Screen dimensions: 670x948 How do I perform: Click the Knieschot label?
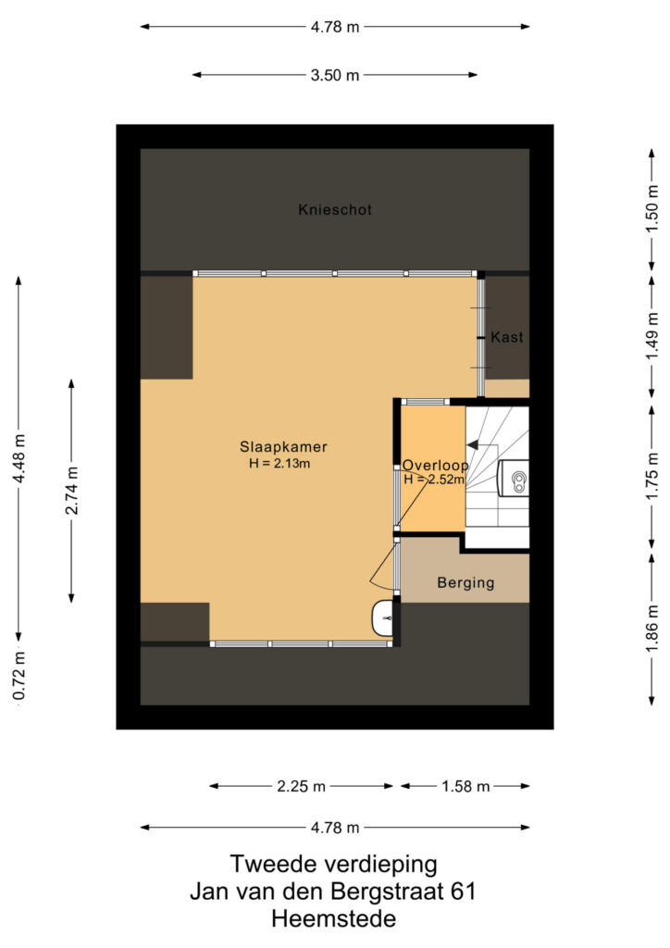(x=335, y=210)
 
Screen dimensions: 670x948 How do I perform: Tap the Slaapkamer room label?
(x=283, y=447)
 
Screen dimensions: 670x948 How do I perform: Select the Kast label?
(x=507, y=337)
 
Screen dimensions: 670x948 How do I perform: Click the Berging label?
(x=465, y=583)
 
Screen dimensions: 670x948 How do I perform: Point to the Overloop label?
(x=436, y=465)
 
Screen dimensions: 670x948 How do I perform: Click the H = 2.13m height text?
(x=279, y=464)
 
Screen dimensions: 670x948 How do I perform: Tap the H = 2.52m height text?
(x=434, y=480)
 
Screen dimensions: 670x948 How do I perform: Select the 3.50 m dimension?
(x=335, y=75)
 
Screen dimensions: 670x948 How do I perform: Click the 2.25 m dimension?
(x=301, y=786)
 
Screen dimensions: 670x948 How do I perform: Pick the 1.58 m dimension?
(x=465, y=786)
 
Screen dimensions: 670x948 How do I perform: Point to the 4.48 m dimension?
(x=19, y=459)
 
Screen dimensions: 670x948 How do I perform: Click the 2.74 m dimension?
(x=71, y=491)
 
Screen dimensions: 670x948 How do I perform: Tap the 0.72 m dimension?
(x=19, y=676)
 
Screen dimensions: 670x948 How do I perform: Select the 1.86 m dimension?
(x=651, y=630)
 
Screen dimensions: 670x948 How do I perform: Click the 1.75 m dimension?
(x=651, y=476)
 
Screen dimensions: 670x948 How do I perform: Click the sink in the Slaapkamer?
(x=383, y=617)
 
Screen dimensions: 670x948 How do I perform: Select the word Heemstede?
(x=333, y=919)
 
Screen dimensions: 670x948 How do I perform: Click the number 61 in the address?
(x=463, y=892)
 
